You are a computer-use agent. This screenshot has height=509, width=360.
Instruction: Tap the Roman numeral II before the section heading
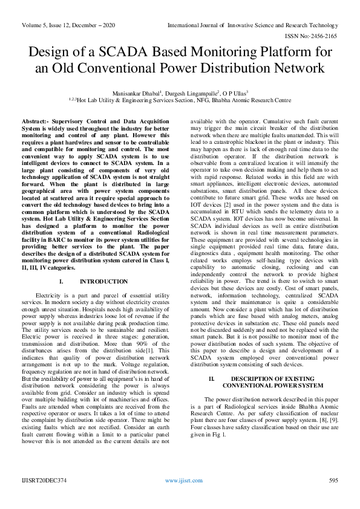point(212,378)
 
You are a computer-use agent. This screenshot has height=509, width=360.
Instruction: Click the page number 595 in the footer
point(332,480)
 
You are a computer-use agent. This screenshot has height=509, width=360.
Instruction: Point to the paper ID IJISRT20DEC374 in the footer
point(41,480)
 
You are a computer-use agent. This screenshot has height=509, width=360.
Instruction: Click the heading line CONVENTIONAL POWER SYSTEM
point(273,386)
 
